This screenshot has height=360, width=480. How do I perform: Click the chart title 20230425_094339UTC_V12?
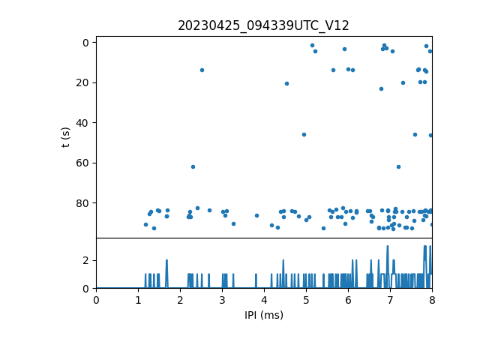click(x=263, y=25)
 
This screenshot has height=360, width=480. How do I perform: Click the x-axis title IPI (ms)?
click(x=263, y=315)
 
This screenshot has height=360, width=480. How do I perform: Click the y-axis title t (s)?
click(x=66, y=137)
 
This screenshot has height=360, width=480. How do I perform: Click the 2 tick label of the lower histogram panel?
click(x=86, y=260)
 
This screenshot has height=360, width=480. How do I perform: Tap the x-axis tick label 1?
click(x=138, y=301)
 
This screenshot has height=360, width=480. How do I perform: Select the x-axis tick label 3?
click(x=222, y=301)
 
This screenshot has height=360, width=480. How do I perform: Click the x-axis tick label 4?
click(x=264, y=301)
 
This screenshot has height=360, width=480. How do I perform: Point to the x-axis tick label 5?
click(x=306, y=301)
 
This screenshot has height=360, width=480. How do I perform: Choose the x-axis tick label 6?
click(x=348, y=301)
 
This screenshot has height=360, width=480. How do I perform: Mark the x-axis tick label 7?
click(x=390, y=301)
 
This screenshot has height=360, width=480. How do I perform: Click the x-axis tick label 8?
click(x=432, y=301)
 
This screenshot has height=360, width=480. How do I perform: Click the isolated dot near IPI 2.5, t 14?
click(x=202, y=70)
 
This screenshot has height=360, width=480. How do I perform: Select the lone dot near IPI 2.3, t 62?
click(x=193, y=166)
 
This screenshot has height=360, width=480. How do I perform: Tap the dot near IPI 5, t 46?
click(x=304, y=134)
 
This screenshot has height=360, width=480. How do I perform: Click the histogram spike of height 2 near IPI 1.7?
click(x=166, y=261)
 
